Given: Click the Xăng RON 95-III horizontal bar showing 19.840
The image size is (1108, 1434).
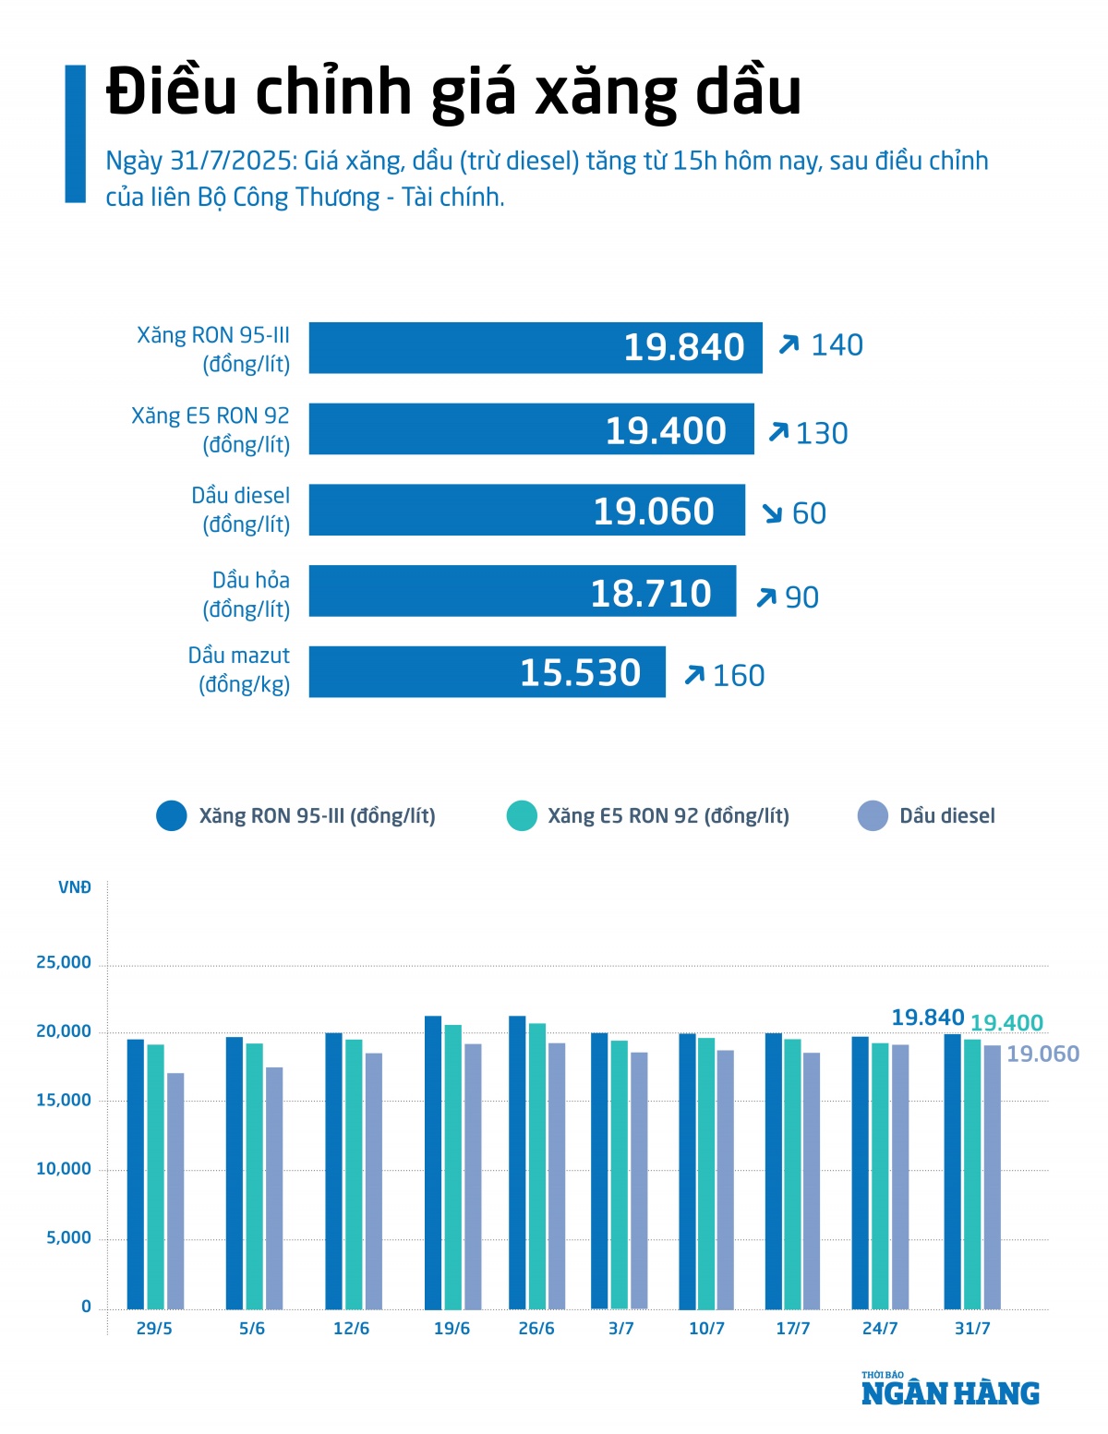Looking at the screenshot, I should pyautogui.click(x=536, y=348).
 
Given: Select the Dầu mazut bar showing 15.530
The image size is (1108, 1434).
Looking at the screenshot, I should pyautogui.click(x=487, y=672).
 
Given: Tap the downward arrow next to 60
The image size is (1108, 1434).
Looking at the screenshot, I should pyautogui.click(x=772, y=513).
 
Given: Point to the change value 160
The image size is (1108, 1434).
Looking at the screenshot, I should pyautogui.click(x=739, y=676).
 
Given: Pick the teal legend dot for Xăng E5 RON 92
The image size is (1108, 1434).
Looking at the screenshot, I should pyautogui.click(x=522, y=816).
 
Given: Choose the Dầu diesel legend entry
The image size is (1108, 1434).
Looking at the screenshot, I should pyautogui.click(x=946, y=816).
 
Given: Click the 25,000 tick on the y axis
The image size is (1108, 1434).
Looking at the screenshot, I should pyautogui.click(x=64, y=963).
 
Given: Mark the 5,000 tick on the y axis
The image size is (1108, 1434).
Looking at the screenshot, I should pyautogui.click(x=69, y=1238).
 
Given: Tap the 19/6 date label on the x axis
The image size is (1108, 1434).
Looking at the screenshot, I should pyautogui.click(x=452, y=1329).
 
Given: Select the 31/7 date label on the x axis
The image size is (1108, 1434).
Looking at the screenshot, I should pyautogui.click(x=972, y=1329).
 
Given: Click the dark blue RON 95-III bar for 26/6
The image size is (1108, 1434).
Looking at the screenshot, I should pyautogui.click(x=517, y=1163).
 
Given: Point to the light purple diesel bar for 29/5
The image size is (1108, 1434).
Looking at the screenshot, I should pyautogui.click(x=175, y=1191).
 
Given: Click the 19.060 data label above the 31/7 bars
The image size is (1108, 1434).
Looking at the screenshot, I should pyautogui.click(x=1042, y=1054).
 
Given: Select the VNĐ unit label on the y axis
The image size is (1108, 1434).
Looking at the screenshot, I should pyautogui.click(x=75, y=888).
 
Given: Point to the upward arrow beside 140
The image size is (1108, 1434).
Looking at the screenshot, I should pyautogui.click(x=789, y=345).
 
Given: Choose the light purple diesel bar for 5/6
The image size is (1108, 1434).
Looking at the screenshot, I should pyautogui.click(x=274, y=1188).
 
